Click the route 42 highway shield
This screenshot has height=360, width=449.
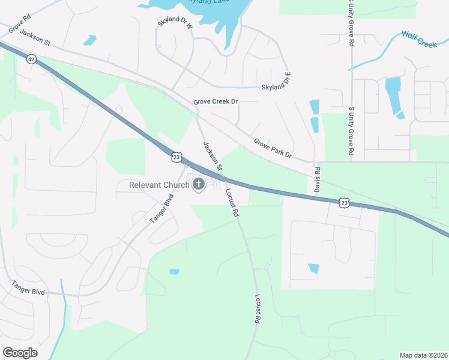(31, 58)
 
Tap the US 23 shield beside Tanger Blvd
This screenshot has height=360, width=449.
(175, 157)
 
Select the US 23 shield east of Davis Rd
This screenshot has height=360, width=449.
(344, 203)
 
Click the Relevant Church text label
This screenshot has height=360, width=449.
(159, 185)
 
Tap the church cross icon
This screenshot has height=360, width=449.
(199, 184)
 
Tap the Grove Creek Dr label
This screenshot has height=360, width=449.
(215, 102)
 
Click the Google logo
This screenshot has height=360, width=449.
(20, 353)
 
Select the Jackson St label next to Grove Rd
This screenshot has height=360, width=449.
(34, 37)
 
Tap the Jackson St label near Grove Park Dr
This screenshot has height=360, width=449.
(212, 155)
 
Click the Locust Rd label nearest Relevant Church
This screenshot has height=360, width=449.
(232, 203)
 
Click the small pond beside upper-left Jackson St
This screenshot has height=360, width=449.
(90, 40)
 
